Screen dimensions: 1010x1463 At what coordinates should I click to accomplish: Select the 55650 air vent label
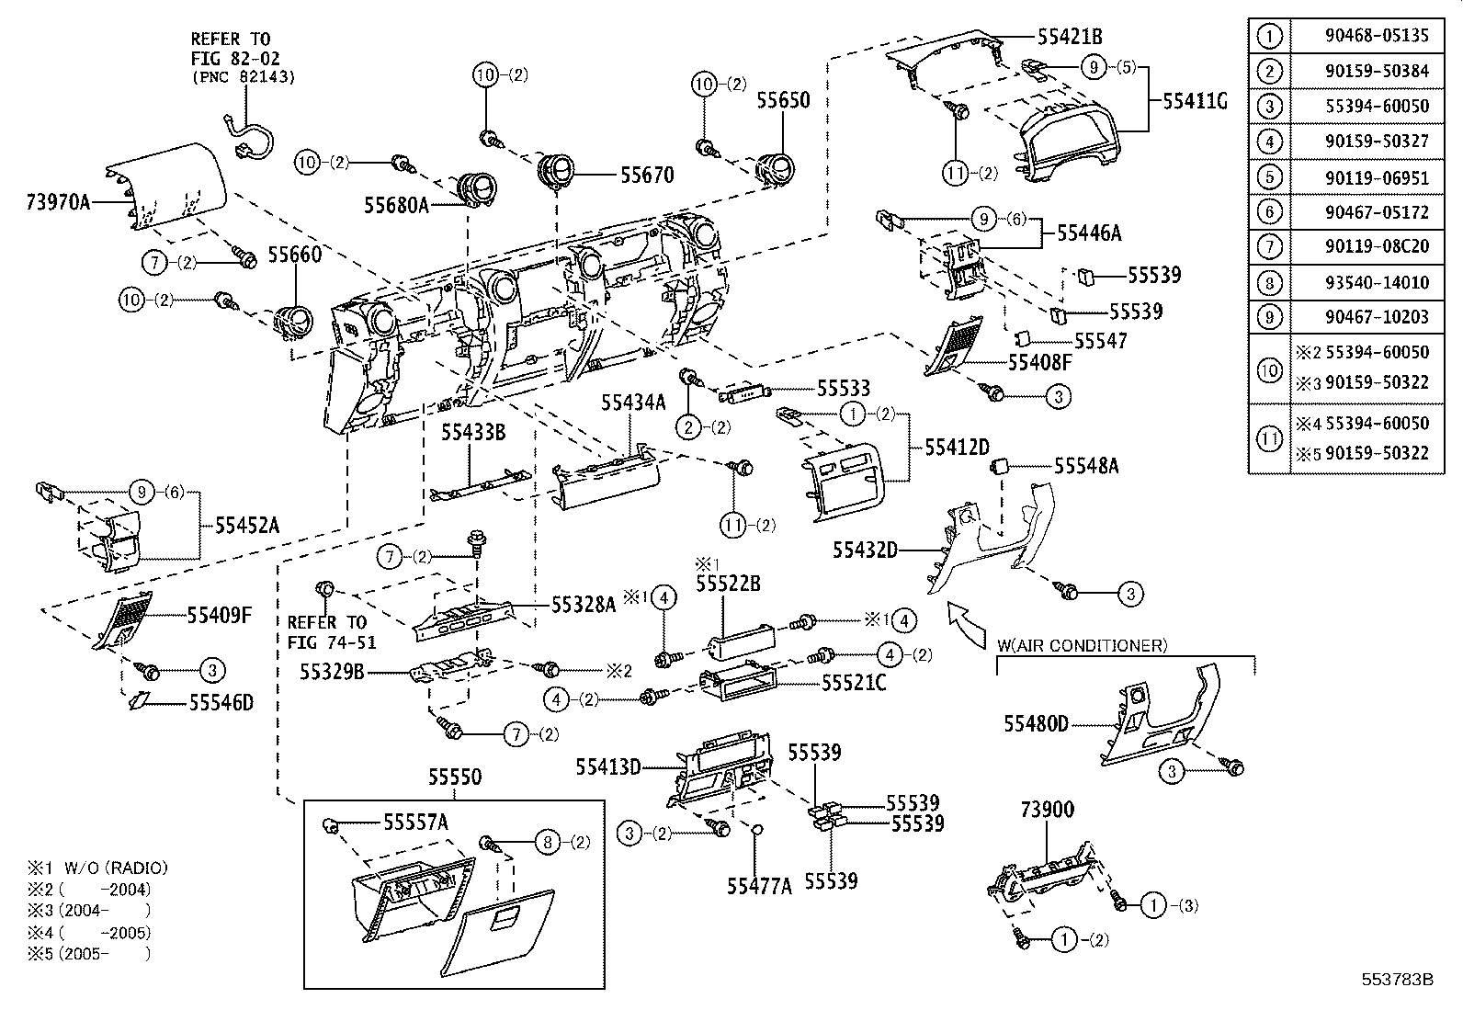coord(783,100)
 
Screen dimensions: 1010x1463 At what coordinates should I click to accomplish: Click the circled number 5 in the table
coord(1269,177)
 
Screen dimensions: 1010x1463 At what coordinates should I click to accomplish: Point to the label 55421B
coord(1070,37)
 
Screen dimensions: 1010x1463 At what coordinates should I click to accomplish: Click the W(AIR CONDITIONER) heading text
coord(1083,645)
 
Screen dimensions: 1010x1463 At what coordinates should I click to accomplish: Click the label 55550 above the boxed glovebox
coord(454,777)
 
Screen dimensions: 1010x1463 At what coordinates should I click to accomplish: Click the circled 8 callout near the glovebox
coord(547,841)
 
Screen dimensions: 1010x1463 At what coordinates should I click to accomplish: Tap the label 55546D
coord(221,703)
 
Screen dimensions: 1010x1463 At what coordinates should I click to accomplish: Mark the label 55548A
coord(1086,466)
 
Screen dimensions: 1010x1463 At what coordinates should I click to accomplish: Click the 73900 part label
coord(1047,810)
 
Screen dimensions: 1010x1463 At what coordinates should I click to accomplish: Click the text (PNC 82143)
coord(243,77)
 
